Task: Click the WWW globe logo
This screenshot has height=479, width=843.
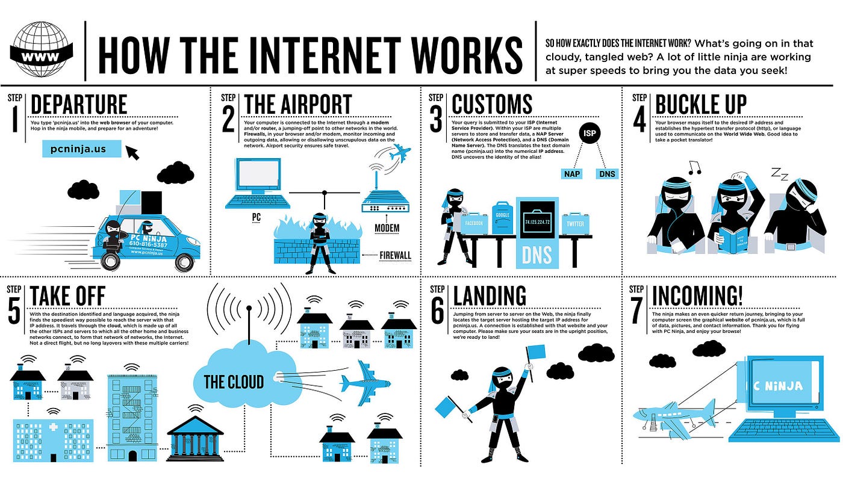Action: point(42,49)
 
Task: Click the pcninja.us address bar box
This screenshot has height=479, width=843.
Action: point(82,148)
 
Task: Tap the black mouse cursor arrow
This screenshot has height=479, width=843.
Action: point(132,152)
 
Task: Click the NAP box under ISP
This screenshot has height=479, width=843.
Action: point(571,174)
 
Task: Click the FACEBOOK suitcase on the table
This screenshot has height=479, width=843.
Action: point(474,223)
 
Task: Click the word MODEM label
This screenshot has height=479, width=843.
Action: point(387,228)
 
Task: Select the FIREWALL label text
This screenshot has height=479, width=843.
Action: point(395,255)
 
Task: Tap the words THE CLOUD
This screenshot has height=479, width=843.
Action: point(234,382)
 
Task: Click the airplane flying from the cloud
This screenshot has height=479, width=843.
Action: point(364,383)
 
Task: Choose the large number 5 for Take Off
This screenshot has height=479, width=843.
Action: point(14,315)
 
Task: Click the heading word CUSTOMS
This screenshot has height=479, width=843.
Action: point(491,104)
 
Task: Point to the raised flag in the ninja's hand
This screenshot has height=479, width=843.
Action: point(535,351)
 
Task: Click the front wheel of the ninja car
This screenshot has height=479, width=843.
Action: point(111,260)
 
